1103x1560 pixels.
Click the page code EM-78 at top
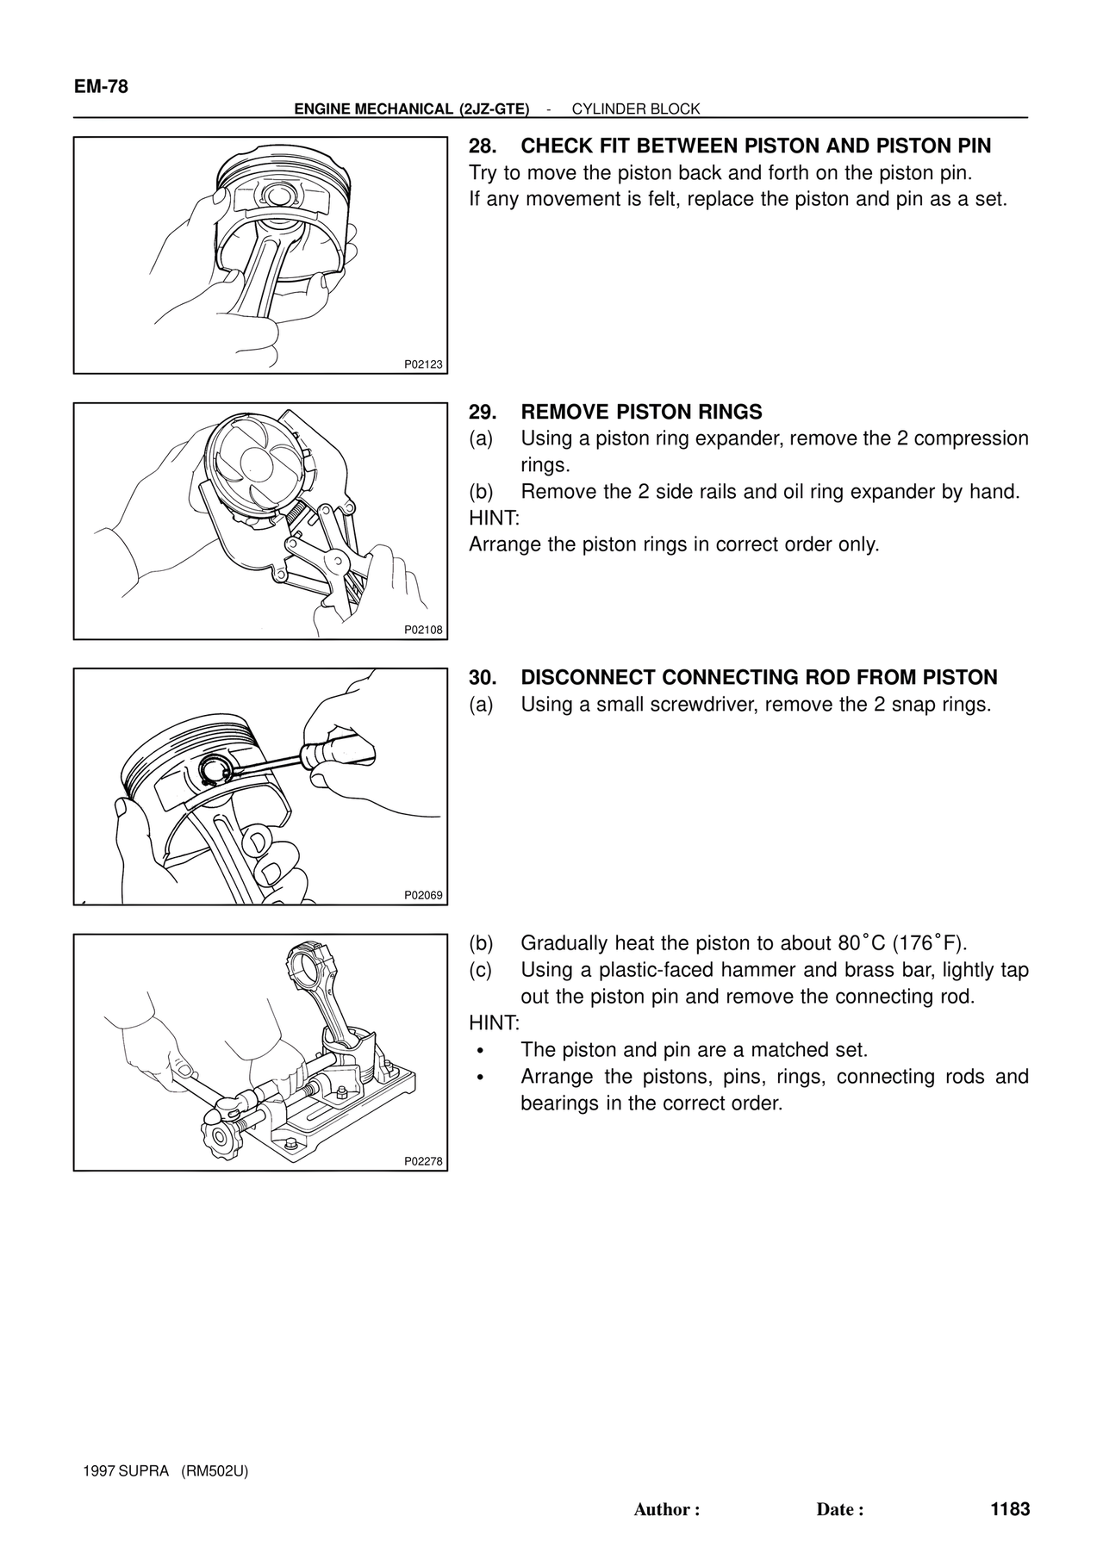(x=101, y=86)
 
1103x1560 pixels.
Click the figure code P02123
(x=423, y=364)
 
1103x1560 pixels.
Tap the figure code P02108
(x=423, y=630)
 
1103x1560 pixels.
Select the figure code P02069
(x=423, y=895)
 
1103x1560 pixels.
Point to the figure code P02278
(x=423, y=1161)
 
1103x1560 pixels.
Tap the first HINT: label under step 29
(x=494, y=519)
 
